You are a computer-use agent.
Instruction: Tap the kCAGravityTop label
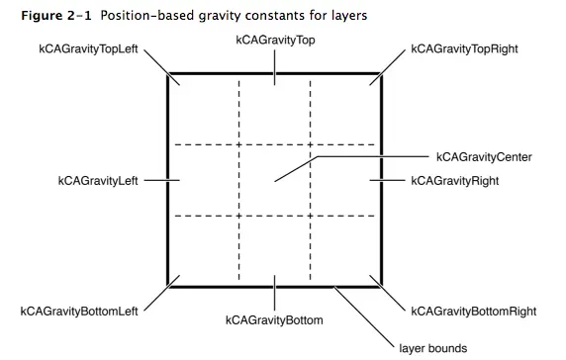(274, 40)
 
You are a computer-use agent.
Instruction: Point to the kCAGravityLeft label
(99, 181)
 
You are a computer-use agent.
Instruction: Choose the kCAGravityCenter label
(484, 157)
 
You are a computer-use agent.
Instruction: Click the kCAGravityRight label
(455, 182)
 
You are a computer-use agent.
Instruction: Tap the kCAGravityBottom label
(274, 320)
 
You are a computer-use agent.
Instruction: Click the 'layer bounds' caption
(432, 347)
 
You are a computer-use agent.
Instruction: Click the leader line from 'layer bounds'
(365, 313)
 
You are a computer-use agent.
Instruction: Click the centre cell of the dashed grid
(274, 179)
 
